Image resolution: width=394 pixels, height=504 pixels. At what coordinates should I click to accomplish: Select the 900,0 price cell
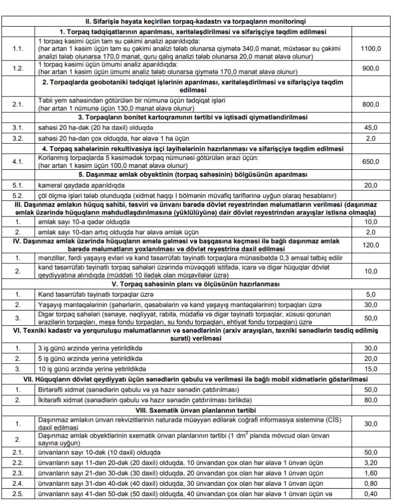[x=370, y=68]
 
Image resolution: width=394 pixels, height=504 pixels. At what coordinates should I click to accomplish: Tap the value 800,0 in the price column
[x=370, y=104]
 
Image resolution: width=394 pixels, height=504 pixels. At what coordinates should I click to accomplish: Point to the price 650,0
[x=370, y=161]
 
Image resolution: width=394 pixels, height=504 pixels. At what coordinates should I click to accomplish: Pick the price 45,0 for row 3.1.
[x=370, y=127]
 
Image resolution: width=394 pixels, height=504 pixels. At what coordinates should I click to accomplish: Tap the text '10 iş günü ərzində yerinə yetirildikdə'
[x=94, y=368]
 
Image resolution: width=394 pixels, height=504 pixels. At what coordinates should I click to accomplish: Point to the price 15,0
[x=370, y=368]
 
